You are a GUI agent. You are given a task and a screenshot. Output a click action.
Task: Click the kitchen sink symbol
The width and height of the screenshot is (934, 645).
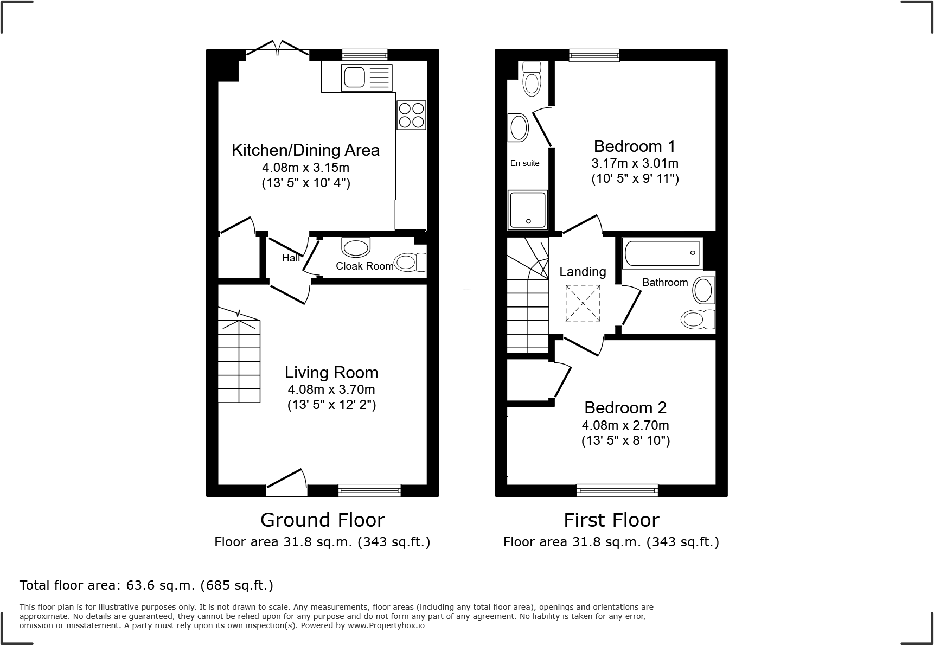tap(366, 78)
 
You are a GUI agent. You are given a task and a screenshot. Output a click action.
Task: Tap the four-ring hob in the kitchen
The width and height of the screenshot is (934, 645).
tap(411, 115)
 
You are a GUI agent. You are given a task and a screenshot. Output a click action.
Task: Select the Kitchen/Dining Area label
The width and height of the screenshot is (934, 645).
tap(305, 150)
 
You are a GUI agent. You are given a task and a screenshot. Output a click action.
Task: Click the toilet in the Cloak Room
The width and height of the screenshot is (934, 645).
tap(410, 262)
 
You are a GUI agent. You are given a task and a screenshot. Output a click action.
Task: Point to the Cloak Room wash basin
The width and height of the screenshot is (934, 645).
tap(356, 248)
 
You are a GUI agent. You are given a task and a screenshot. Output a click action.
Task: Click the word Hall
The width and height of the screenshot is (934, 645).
tap(291, 258)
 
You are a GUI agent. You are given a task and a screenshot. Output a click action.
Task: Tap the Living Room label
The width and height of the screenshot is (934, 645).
tap(331, 373)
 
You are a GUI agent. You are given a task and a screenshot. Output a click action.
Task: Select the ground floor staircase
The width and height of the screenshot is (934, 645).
tap(239, 361)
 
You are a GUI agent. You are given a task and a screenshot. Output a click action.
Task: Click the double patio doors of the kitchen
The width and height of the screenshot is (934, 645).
tap(278, 49)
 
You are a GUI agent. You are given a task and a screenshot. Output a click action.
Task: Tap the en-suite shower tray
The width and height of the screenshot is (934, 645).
tap(527, 209)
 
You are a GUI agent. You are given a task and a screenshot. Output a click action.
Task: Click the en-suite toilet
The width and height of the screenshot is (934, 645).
tap(532, 79)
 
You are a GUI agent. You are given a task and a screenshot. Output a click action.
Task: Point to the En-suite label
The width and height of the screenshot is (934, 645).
tap(524, 163)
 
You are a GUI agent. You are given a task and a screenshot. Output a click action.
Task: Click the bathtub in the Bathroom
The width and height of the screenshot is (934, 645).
tap(662, 253)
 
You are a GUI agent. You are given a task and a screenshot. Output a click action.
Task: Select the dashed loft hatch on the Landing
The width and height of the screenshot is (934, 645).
tap(583, 303)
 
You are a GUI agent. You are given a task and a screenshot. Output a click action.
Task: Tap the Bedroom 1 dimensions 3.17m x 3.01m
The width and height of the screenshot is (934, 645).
tap(635, 163)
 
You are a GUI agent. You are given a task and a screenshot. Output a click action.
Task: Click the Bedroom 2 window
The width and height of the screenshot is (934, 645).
tap(617, 490)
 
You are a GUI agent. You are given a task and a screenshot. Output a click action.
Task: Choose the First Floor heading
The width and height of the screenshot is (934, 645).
tap(611, 520)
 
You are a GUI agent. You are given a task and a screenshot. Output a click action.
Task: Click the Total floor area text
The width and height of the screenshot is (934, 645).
tap(146, 585)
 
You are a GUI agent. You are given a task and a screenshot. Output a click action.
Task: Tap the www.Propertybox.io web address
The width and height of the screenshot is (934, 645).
tap(386, 625)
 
